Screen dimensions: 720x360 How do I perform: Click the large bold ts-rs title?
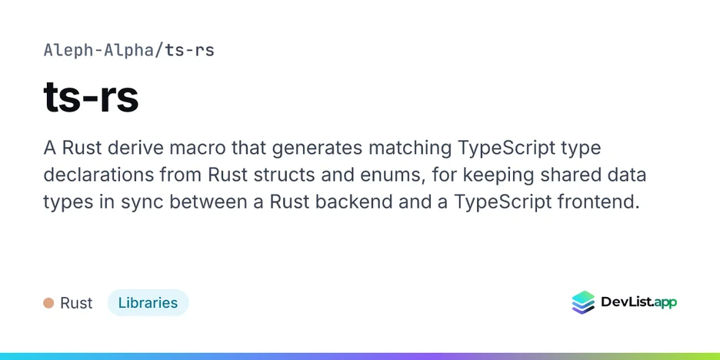click(91, 98)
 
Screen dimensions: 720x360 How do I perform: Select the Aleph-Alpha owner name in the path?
click(98, 50)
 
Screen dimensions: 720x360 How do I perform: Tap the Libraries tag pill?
click(148, 302)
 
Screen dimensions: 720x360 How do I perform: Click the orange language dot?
click(48, 303)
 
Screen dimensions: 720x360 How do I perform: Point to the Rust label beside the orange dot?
click(76, 303)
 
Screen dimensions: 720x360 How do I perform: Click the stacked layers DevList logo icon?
click(583, 302)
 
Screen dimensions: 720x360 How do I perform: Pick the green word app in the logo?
click(665, 302)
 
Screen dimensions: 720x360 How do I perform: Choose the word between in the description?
click(214, 202)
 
